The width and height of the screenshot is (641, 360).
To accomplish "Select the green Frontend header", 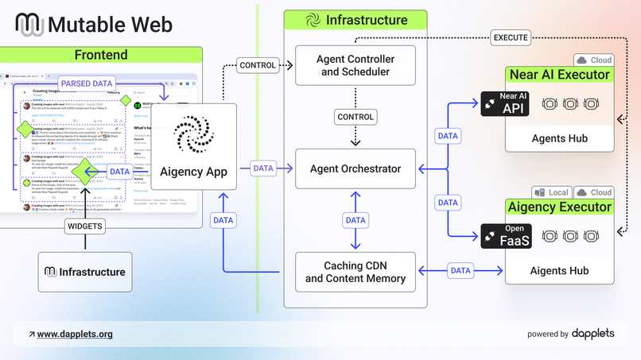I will [101, 55].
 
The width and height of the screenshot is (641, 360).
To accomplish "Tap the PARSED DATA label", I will [87, 83].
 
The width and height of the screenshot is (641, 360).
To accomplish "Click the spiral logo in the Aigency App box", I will [193, 134].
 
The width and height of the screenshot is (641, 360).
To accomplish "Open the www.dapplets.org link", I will [75, 335].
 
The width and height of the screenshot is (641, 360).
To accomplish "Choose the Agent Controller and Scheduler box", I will [355, 65].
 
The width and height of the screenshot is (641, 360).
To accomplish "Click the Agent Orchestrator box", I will [355, 168].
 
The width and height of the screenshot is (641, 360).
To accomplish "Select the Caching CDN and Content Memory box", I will [355, 272].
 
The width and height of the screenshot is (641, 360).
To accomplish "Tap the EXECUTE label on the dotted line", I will [510, 37].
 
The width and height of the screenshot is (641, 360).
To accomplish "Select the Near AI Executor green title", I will [559, 75].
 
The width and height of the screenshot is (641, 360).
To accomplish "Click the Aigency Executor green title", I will [559, 207].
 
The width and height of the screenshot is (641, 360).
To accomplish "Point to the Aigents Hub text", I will [559, 271].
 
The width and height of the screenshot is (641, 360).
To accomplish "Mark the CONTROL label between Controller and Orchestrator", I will [355, 117].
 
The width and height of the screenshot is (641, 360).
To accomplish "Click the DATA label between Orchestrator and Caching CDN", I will [355, 220].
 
